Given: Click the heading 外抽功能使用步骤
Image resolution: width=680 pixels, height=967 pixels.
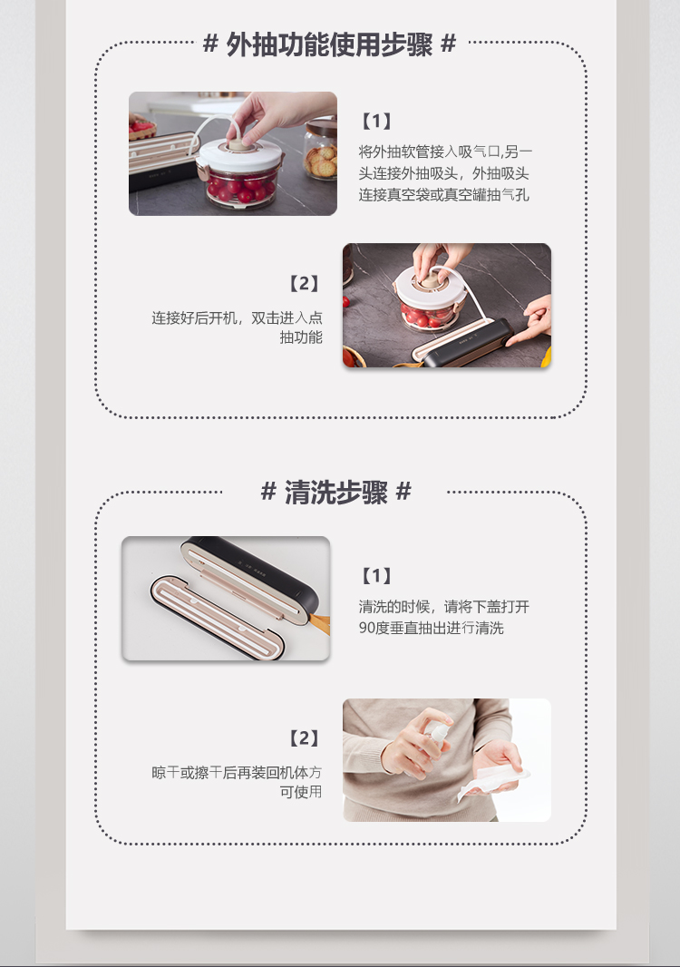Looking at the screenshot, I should pyautogui.click(x=330, y=44).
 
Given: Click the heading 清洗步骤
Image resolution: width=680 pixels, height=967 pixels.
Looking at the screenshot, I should pyautogui.click(x=335, y=493).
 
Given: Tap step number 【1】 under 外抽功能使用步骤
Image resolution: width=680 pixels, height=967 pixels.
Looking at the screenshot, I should pyautogui.click(x=376, y=121).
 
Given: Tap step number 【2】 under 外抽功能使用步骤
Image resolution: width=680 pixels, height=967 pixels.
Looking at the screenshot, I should pyautogui.click(x=304, y=284).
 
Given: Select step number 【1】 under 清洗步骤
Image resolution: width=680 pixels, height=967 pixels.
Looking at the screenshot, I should pyautogui.click(x=376, y=575).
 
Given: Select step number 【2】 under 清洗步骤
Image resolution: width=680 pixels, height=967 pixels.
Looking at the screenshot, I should pyautogui.click(x=304, y=738).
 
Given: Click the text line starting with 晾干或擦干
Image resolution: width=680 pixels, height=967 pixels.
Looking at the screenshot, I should pyautogui.click(x=236, y=773).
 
